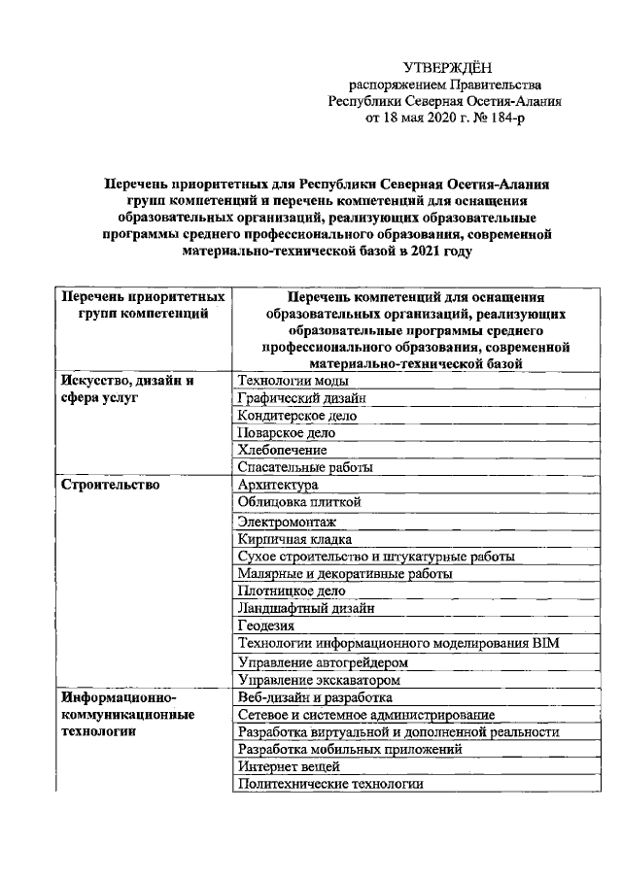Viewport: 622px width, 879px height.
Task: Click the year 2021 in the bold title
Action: coord(406,251)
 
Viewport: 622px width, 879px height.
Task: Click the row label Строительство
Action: coord(110,484)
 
